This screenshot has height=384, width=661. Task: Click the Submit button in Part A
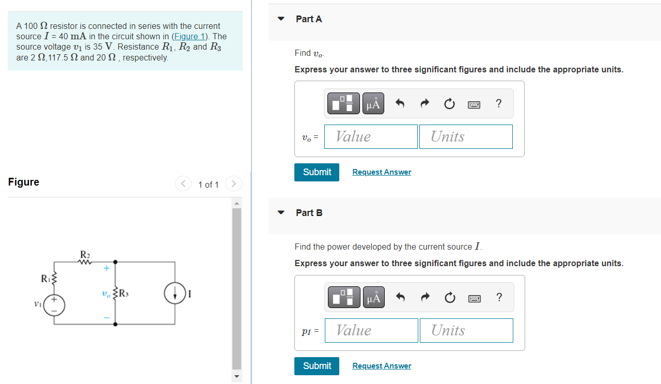[317, 172]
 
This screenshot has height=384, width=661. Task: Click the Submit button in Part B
[317, 366]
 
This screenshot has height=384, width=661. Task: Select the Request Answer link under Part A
[382, 172]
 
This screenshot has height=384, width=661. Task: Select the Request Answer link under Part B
[382, 366]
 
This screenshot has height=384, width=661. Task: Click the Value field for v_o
[371, 136]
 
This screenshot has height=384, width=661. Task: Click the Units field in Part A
[466, 136]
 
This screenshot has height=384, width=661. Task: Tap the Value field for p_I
[371, 330]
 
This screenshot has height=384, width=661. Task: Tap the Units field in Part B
[466, 330]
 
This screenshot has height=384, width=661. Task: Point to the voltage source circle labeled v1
[54, 305]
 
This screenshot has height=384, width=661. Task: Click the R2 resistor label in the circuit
[85, 254]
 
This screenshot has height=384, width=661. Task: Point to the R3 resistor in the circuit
[115, 294]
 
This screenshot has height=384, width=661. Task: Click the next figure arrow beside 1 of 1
[233, 183]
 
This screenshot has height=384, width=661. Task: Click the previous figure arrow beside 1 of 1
[183, 183]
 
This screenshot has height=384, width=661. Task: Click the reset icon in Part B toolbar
[449, 297]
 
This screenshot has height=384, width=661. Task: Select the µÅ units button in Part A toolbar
[373, 103]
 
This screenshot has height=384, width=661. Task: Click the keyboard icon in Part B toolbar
[474, 298]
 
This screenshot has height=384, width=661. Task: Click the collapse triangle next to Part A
[281, 19]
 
